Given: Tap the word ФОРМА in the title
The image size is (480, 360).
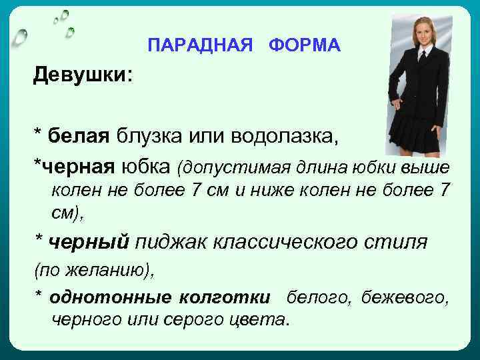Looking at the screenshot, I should pyautogui.click(x=305, y=46).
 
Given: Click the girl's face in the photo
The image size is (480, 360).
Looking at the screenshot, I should pyautogui.click(x=423, y=33).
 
